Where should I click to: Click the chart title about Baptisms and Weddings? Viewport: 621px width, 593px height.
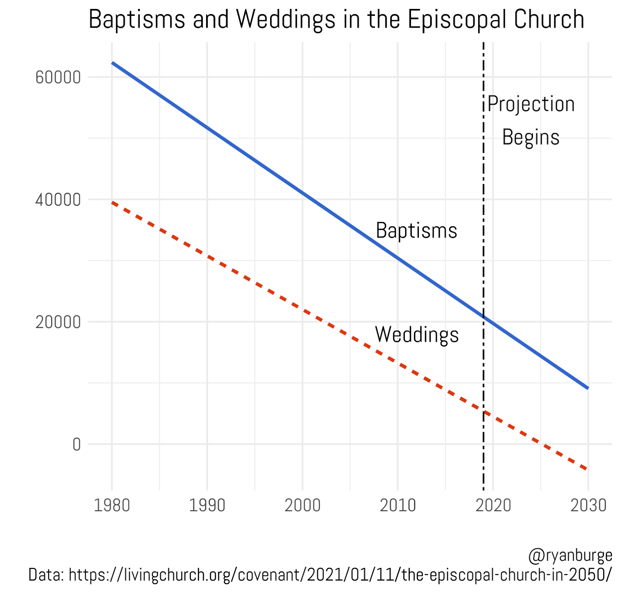pos(336,19)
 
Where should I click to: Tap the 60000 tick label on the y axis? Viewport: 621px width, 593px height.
pos(58,77)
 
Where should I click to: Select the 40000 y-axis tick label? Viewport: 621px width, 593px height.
pos(58,200)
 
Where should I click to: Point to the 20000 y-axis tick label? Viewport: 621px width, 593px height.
pos(58,322)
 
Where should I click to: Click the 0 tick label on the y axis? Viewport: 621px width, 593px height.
pos(76,444)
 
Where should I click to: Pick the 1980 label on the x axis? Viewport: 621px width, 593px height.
pos(112,505)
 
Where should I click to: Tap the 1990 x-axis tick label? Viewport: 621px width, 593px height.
pos(207,505)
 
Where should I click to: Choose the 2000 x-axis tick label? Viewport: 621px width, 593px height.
pos(302,505)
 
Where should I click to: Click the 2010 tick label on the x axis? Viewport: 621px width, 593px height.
pos(397,505)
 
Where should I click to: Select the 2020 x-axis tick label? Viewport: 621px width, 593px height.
pos(493,505)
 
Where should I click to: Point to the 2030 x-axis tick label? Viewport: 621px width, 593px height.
pos(588,505)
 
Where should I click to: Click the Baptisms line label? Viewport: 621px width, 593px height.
pos(416,231)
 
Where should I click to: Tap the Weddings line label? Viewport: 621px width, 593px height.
pos(416,335)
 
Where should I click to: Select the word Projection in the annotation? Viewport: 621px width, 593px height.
pos(531,104)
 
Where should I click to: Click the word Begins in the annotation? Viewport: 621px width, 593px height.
pos(531,137)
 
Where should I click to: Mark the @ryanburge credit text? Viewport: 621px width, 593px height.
pos(570,556)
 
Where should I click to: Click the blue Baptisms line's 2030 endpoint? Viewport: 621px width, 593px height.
pos(588,387)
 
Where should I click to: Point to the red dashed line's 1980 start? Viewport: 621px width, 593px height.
pos(113,203)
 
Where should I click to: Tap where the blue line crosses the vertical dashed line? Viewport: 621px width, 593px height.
pos(484,317)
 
